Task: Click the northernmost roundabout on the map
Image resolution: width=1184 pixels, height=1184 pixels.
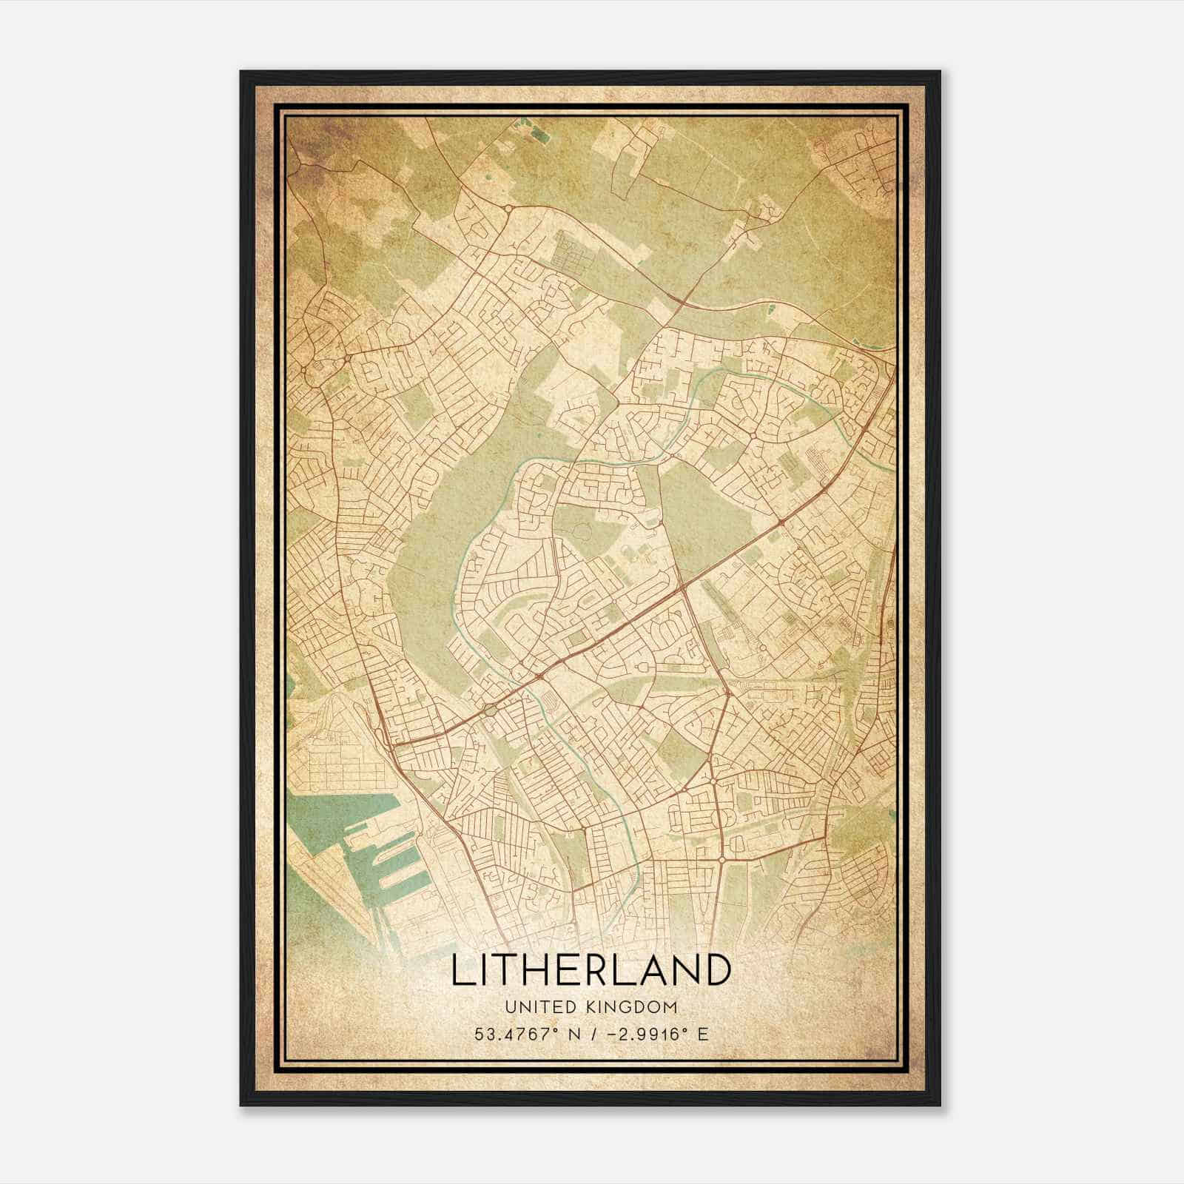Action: click(509, 209)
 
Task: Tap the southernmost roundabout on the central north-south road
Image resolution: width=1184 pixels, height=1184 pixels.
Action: click(721, 860)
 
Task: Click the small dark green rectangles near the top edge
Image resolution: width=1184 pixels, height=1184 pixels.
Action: click(531, 134)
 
